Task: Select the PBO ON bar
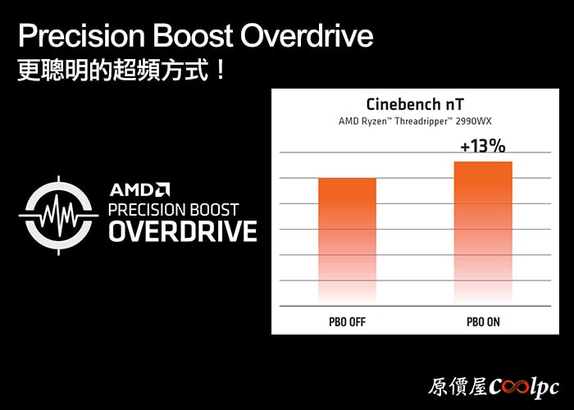(483, 233)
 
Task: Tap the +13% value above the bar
(483, 147)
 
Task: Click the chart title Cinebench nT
(415, 104)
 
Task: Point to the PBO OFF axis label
(347, 322)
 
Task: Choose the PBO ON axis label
(483, 322)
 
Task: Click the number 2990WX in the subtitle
(473, 121)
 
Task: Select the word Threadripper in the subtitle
(421, 121)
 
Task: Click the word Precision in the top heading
(82, 35)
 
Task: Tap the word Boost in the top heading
(193, 35)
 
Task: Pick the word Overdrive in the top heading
(307, 35)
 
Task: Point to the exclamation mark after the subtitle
(220, 70)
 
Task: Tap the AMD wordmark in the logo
(139, 190)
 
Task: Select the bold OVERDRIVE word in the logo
(183, 231)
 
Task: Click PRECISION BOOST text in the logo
(174, 210)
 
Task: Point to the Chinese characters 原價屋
(458, 387)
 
